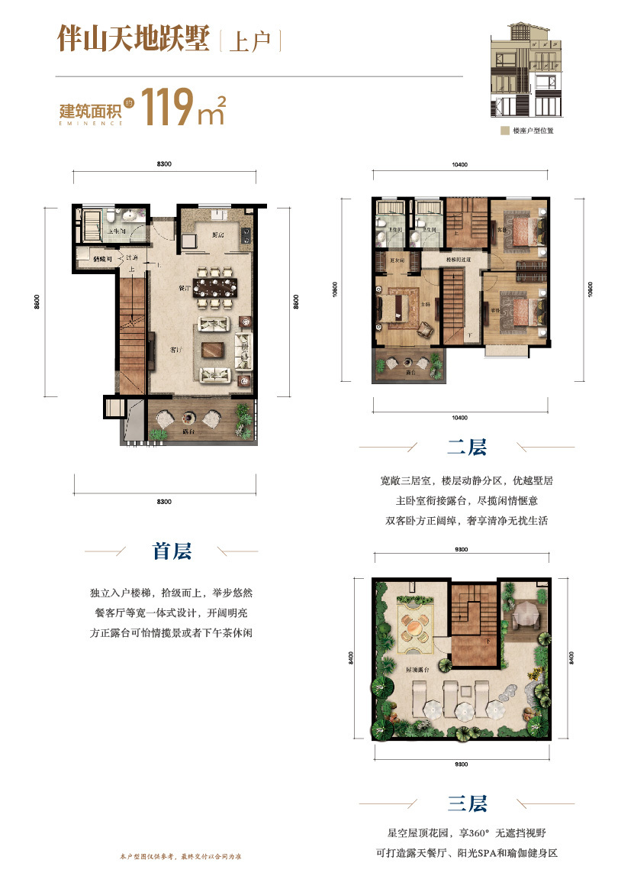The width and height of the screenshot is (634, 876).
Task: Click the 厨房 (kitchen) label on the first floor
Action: click(x=217, y=235)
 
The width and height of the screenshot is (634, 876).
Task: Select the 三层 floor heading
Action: click(x=466, y=803)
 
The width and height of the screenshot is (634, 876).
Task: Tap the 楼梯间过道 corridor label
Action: click(x=457, y=260)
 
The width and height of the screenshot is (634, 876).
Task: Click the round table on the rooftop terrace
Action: click(x=412, y=628)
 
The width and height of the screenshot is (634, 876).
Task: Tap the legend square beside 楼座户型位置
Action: click(x=505, y=131)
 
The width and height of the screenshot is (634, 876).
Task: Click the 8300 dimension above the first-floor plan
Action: click(x=166, y=164)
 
